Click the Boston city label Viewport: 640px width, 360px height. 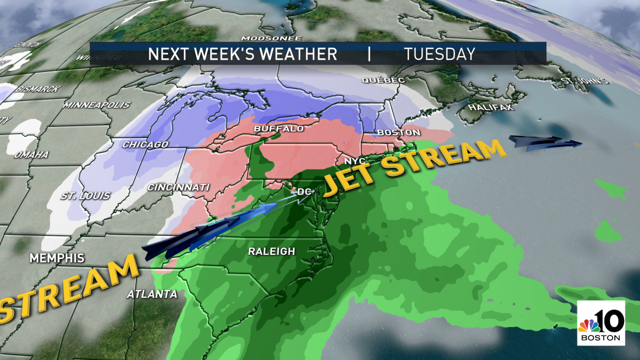[398, 132]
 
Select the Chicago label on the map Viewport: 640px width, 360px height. [145, 145]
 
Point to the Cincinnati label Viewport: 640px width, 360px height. [178, 187]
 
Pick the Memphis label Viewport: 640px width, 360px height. [57, 258]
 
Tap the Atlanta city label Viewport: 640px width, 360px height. [151, 294]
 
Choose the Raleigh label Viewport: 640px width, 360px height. [271, 251]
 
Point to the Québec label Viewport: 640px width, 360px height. [383, 80]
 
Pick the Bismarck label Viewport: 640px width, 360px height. [38, 89]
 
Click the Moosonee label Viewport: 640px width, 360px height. [271, 38]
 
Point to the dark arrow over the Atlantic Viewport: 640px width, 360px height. [544, 141]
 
